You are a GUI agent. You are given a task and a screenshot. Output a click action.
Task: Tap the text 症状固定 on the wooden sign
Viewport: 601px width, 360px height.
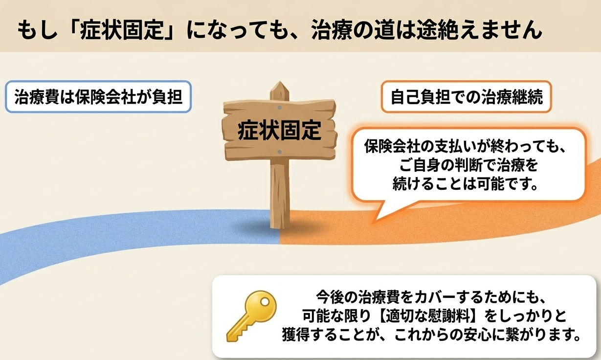pyautogui.click(x=279, y=130)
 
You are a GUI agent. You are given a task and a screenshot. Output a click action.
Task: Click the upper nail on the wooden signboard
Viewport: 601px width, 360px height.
pyautogui.click(x=279, y=108)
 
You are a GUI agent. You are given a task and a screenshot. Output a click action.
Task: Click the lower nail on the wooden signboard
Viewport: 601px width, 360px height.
pyautogui.click(x=279, y=152)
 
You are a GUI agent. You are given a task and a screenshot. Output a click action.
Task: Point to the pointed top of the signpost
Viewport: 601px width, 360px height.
pyautogui.click(x=280, y=82)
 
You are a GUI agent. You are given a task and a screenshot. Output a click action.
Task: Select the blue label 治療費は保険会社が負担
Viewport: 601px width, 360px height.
pyautogui.click(x=98, y=97)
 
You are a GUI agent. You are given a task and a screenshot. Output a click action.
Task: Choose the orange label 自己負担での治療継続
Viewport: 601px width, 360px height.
pyautogui.click(x=467, y=97)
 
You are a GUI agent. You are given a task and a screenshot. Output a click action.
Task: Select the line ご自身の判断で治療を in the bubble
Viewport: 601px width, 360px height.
pyautogui.click(x=468, y=165)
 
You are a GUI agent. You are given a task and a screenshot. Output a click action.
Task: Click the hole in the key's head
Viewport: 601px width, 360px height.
pyautogui.click(x=265, y=302)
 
